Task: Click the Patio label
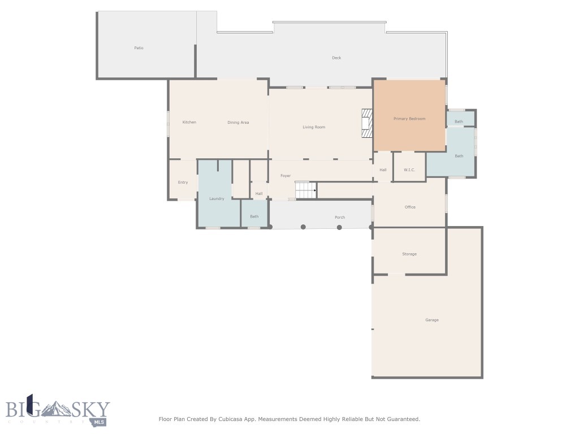tap(139, 48)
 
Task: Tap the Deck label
tap(336, 58)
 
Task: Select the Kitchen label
tap(189, 122)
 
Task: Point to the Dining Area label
tap(238, 122)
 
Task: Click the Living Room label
tap(314, 127)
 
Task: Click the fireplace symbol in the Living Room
tap(368, 123)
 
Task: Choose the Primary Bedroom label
tap(409, 119)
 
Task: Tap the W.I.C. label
tap(409, 170)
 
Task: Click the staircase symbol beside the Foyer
tap(305, 190)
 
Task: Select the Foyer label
tap(286, 176)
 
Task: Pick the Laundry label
tap(217, 198)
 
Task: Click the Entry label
tap(183, 182)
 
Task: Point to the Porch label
tap(339, 217)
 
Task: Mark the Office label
tap(410, 207)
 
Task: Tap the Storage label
tap(409, 254)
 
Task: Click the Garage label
tap(432, 320)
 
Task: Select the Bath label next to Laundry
tap(254, 216)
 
